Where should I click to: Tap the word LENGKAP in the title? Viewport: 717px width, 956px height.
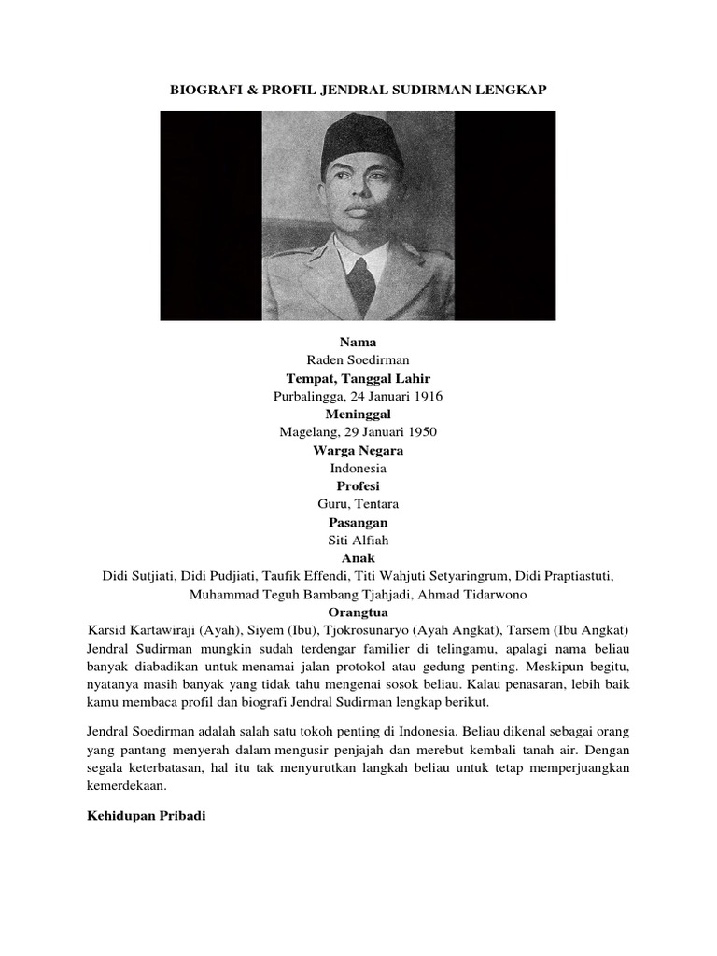tap(512, 90)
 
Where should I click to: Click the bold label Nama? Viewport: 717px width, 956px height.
tap(358, 343)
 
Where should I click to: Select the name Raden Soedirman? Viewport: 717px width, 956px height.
tap(358, 360)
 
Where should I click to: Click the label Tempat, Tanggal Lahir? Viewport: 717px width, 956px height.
tap(358, 378)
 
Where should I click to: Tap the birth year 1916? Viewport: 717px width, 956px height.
tap(426, 396)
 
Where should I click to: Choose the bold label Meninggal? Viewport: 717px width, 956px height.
tap(358, 414)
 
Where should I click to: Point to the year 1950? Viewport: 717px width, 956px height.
tap(420, 432)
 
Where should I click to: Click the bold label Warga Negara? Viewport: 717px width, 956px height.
tap(358, 450)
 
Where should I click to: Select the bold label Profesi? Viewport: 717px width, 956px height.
tap(358, 486)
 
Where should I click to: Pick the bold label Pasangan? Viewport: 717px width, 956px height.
tap(358, 522)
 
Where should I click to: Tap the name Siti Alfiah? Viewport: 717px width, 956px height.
tap(358, 541)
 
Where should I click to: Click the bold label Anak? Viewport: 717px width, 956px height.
tap(358, 558)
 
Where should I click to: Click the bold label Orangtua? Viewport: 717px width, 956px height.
tap(358, 612)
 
